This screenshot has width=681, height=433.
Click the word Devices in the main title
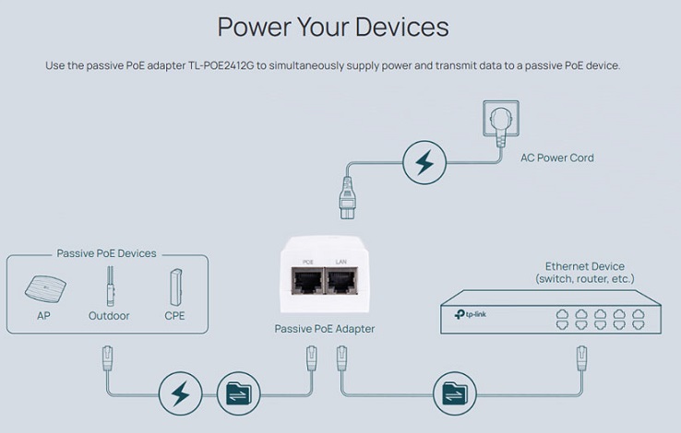(401, 27)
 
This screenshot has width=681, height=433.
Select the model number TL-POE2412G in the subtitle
(221, 66)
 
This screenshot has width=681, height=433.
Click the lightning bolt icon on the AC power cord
(424, 162)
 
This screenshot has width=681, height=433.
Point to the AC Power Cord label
(557, 158)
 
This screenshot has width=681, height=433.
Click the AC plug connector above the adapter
(348, 198)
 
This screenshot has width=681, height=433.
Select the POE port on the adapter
(307, 281)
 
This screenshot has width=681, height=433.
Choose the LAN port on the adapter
(341, 281)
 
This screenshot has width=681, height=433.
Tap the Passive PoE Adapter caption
(325, 329)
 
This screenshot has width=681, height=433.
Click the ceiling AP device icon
(45, 288)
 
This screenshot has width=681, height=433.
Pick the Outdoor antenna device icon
(111, 287)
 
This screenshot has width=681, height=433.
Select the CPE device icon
(175, 287)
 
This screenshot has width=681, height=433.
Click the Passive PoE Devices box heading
(106, 253)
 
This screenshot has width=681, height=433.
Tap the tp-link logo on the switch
(471, 314)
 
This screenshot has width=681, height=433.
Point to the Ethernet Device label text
(585, 272)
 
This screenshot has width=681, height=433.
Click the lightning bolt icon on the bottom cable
(180, 393)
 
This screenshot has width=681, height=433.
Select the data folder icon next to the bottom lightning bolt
(238, 393)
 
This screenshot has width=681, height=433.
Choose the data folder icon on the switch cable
(455, 393)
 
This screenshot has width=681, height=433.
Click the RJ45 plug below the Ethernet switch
(582, 358)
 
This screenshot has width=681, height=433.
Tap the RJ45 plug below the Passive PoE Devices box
(107, 358)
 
